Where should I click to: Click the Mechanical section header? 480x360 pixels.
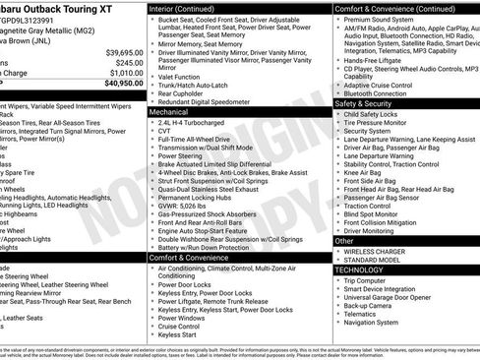[170, 112]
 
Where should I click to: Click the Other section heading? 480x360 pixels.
[345, 240]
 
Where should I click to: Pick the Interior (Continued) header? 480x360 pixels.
[191, 8]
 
